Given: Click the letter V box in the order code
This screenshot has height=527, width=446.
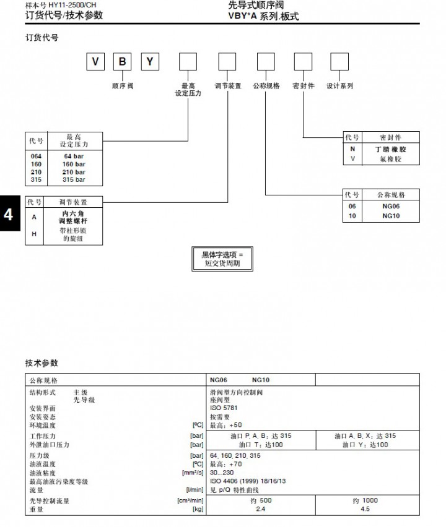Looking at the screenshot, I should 95,62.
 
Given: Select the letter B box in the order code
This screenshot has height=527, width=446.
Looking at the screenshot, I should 123,62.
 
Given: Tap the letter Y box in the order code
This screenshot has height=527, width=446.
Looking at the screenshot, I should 150,62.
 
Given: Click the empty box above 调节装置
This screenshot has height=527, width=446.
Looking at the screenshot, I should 227,62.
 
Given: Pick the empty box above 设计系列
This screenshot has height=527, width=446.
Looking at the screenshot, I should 339,62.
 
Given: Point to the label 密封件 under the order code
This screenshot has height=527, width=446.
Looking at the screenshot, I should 304,86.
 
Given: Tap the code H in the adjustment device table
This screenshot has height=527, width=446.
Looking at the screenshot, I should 33,233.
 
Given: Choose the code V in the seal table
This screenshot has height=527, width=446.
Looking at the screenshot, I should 353,159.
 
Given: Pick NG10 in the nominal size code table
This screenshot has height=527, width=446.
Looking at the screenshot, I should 391,216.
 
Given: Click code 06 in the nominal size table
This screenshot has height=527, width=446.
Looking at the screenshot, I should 352,207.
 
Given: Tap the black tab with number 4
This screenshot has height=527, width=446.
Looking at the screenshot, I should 9,215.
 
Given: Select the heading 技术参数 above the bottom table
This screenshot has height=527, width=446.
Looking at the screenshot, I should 42,363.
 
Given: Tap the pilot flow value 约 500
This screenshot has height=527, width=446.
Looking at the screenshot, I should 260,500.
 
